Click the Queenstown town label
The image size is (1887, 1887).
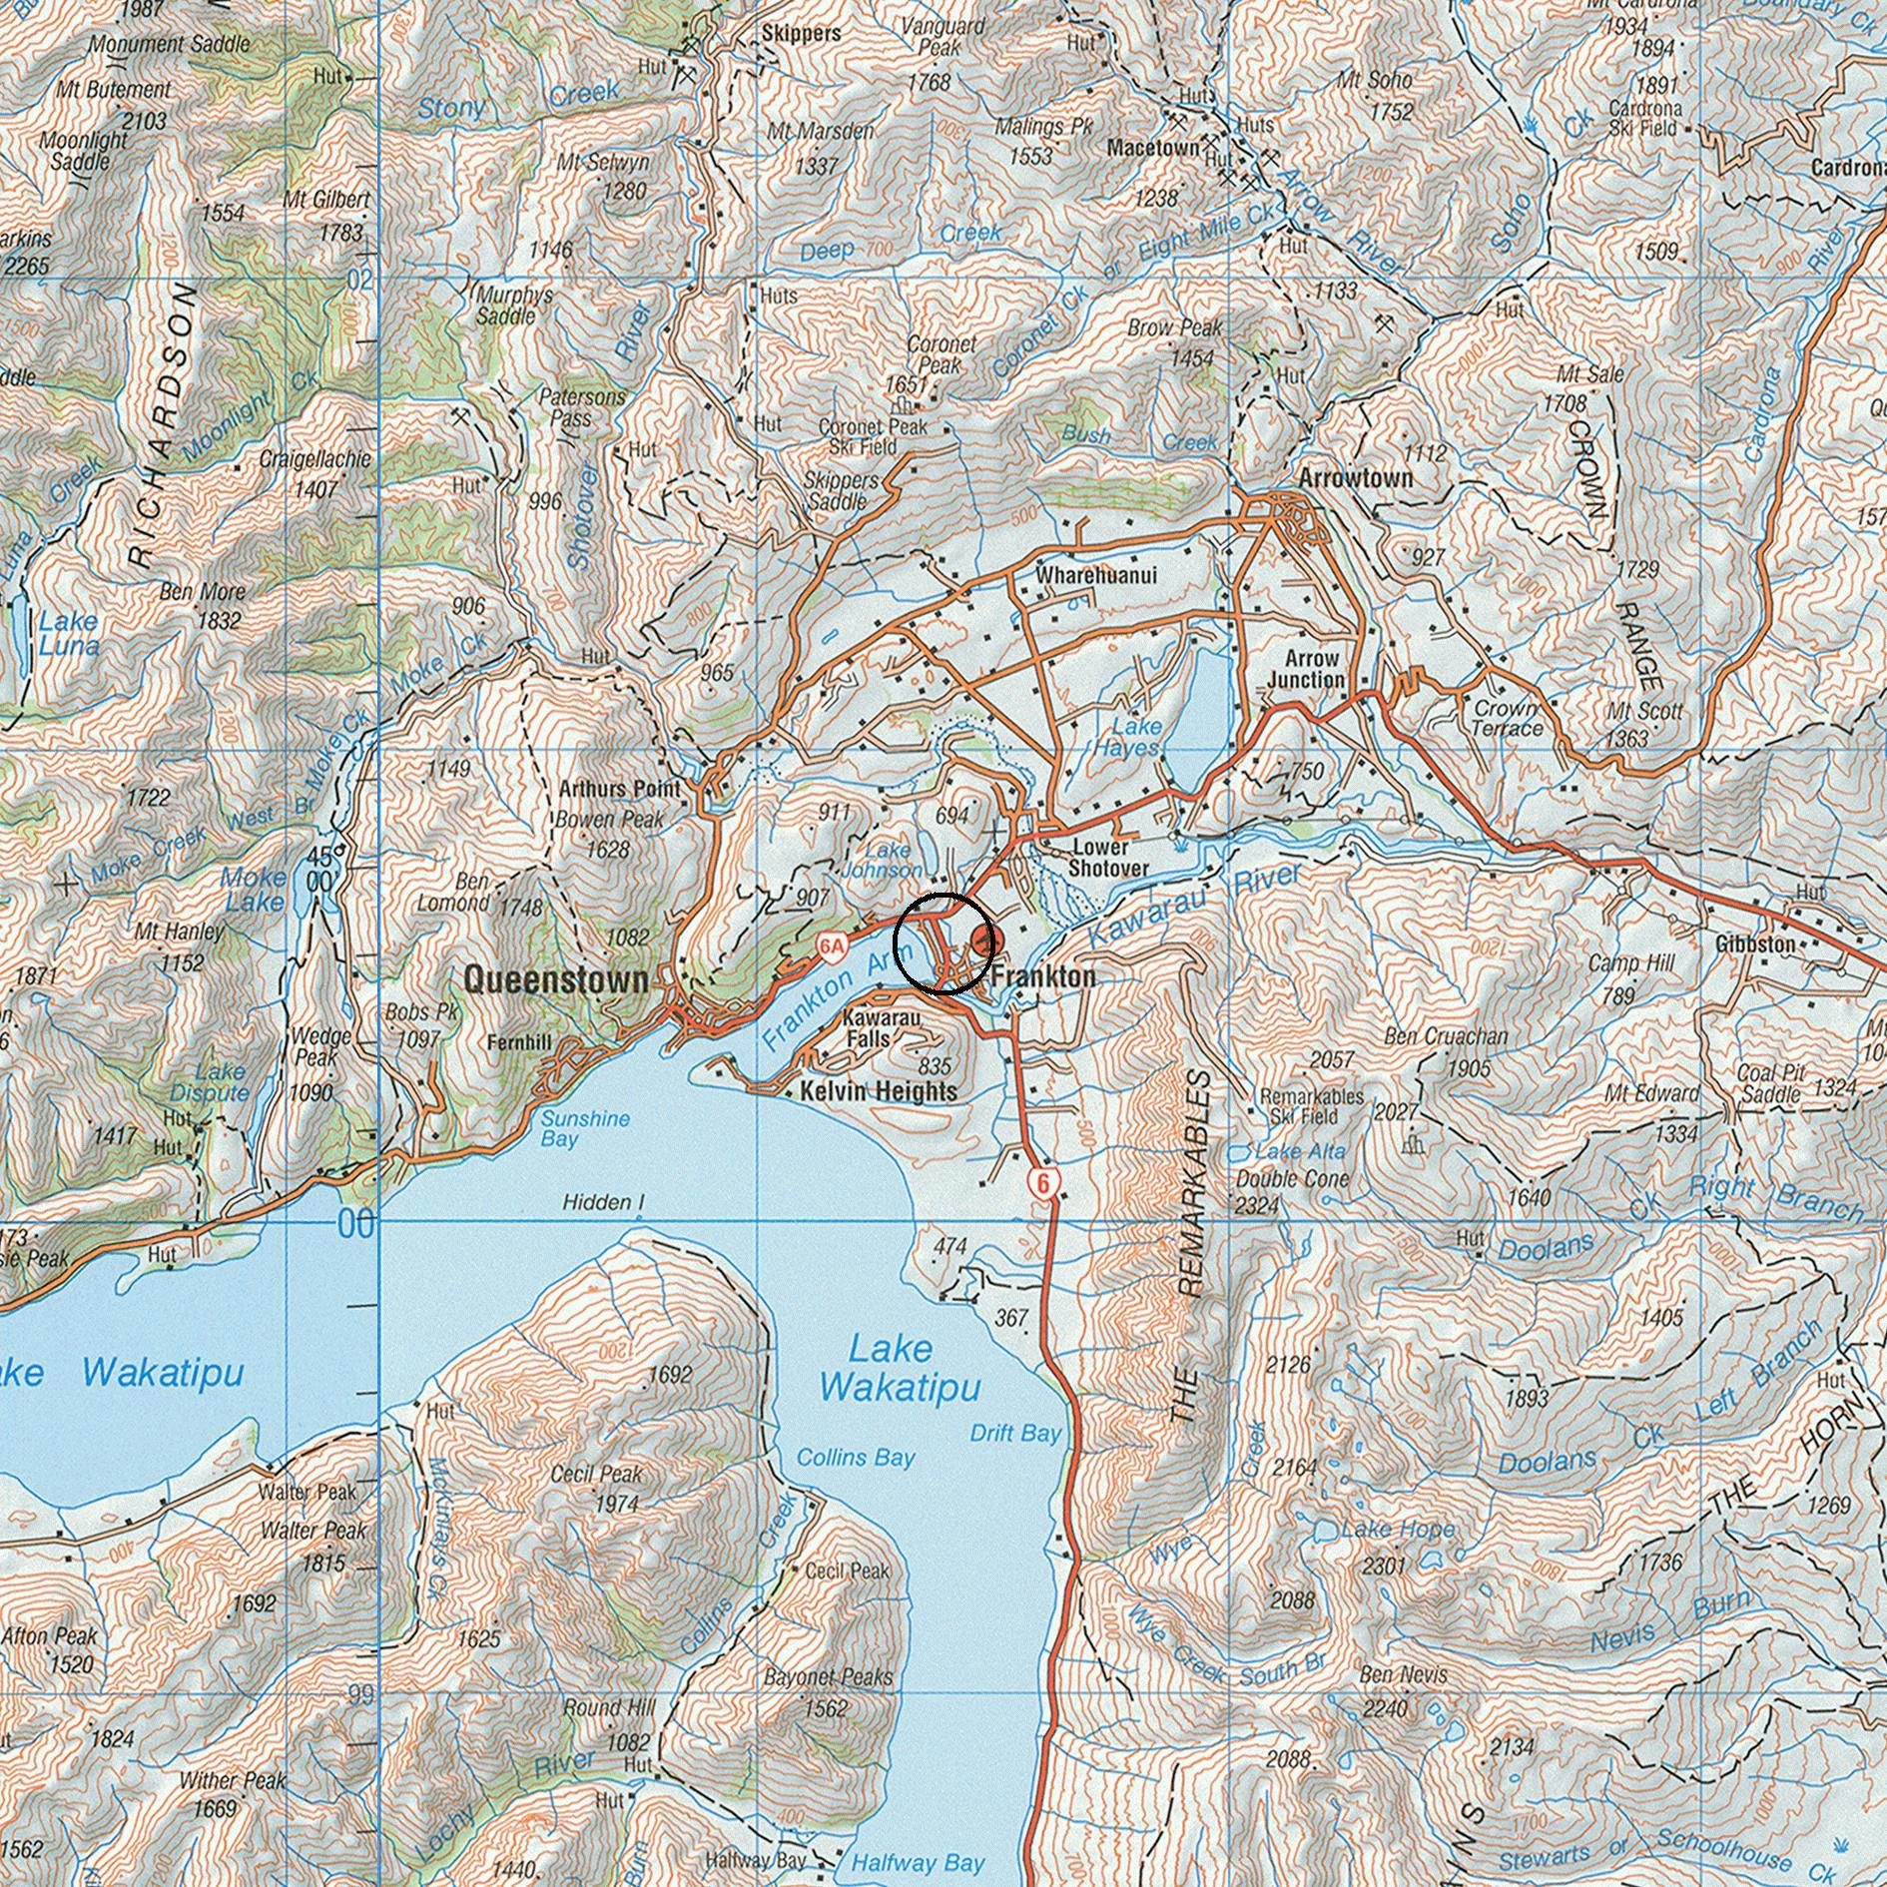pyautogui.click(x=556, y=979)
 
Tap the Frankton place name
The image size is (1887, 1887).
pyautogui.click(x=1042, y=976)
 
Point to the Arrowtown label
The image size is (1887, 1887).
pyautogui.click(x=1355, y=478)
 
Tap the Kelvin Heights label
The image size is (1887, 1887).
pyautogui.click(x=879, y=1092)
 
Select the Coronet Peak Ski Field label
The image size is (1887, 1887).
pyautogui.click(x=872, y=436)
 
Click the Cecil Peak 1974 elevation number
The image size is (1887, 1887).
pyautogui.click(x=616, y=1504)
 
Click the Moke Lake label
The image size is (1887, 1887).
pyautogui.click(x=254, y=889)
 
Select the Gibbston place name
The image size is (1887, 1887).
pyautogui.click(x=1755, y=943)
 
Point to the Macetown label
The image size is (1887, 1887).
pyautogui.click(x=1152, y=148)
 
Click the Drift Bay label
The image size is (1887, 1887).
pyautogui.click(x=1015, y=1434)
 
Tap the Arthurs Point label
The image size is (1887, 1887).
pyautogui.click(x=619, y=789)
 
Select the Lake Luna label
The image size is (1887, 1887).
pyautogui.click(x=69, y=633)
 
